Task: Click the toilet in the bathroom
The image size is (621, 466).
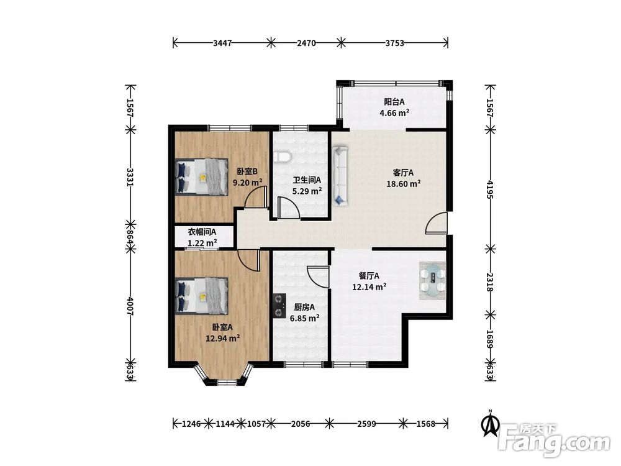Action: pyautogui.click(x=283, y=157)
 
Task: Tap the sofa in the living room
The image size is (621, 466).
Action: pyautogui.click(x=340, y=176)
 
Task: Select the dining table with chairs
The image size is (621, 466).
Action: pyautogui.click(x=432, y=280)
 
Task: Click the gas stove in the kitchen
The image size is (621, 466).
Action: pyautogui.click(x=279, y=306)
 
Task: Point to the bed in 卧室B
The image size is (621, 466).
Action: pyautogui.click(x=202, y=176)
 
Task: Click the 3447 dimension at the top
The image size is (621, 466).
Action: pyautogui.click(x=222, y=43)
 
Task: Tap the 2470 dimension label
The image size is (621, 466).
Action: pyautogui.click(x=306, y=43)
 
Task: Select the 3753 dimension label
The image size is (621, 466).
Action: pyautogui.click(x=395, y=43)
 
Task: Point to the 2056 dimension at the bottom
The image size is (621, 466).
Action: pyautogui.click(x=300, y=424)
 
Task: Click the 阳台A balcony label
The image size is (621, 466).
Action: pyautogui.click(x=394, y=102)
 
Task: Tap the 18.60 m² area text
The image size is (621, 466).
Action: pyautogui.click(x=404, y=183)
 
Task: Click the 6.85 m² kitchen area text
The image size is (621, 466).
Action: pyautogui.click(x=304, y=318)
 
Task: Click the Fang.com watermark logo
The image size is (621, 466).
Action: pyautogui.click(x=554, y=440)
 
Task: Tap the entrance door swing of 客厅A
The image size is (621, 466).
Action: pyautogui.click(x=437, y=222)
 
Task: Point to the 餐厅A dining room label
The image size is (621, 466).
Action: pyautogui.click(x=369, y=276)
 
